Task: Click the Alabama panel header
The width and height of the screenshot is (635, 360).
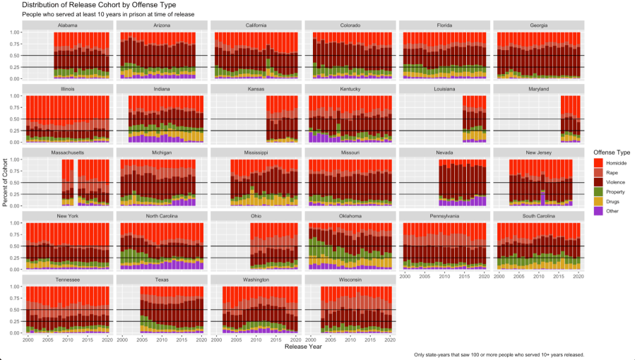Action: click(67, 26)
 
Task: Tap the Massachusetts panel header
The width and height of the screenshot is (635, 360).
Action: click(67, 153)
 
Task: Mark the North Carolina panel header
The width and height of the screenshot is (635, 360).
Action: click(161, 217)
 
